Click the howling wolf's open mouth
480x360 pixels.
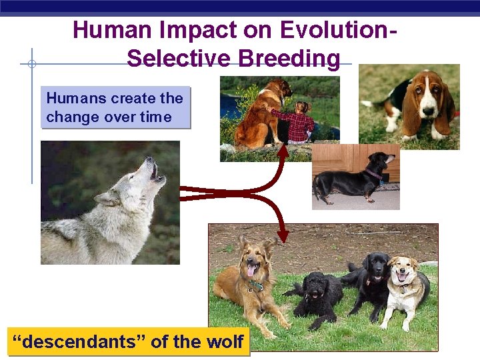click(x=154, y=171)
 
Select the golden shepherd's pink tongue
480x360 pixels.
click(x=251, y=270)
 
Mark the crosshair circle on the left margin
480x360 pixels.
click(x=31, y=64)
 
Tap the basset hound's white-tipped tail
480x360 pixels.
click(x=367, y=103)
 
